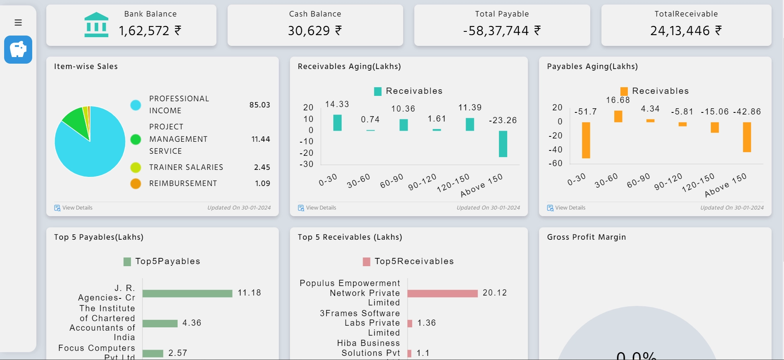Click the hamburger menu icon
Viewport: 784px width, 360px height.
pos(18,22)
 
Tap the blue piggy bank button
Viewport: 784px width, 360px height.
pos(18,50)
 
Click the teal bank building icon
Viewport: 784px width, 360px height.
pos(96,25)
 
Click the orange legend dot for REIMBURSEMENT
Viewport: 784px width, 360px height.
pos(135,184)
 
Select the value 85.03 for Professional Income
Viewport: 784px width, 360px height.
pos(259,105)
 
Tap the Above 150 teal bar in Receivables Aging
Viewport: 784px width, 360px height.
pos(503,144)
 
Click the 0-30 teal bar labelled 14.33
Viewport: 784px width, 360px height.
pos(337,123)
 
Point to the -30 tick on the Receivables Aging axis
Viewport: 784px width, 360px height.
pos(306,164)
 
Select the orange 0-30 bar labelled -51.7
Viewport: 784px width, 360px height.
pos(586,140)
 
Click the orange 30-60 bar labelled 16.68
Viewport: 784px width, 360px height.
pos(618,116)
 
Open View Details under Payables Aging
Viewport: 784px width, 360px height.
pos(570,208)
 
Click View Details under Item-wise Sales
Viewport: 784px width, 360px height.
pos(77,208)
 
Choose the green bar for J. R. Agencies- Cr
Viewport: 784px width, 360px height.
pos(188,293)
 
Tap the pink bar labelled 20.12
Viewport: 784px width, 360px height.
pos(442,293)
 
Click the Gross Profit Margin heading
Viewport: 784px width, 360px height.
pos(586,237)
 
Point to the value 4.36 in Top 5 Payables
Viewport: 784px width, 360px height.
pos(192,323)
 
